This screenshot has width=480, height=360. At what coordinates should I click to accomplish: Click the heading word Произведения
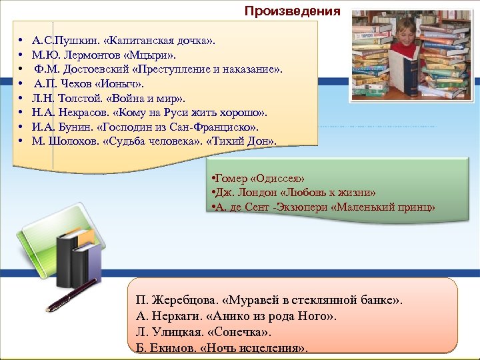(x=292, y=11)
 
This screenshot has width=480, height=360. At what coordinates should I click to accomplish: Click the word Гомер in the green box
(x=228, y=179)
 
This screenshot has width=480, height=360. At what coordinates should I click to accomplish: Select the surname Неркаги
(x=176, y=316)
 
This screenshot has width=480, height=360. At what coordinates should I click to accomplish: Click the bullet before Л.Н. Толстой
(x=22, y=99)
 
